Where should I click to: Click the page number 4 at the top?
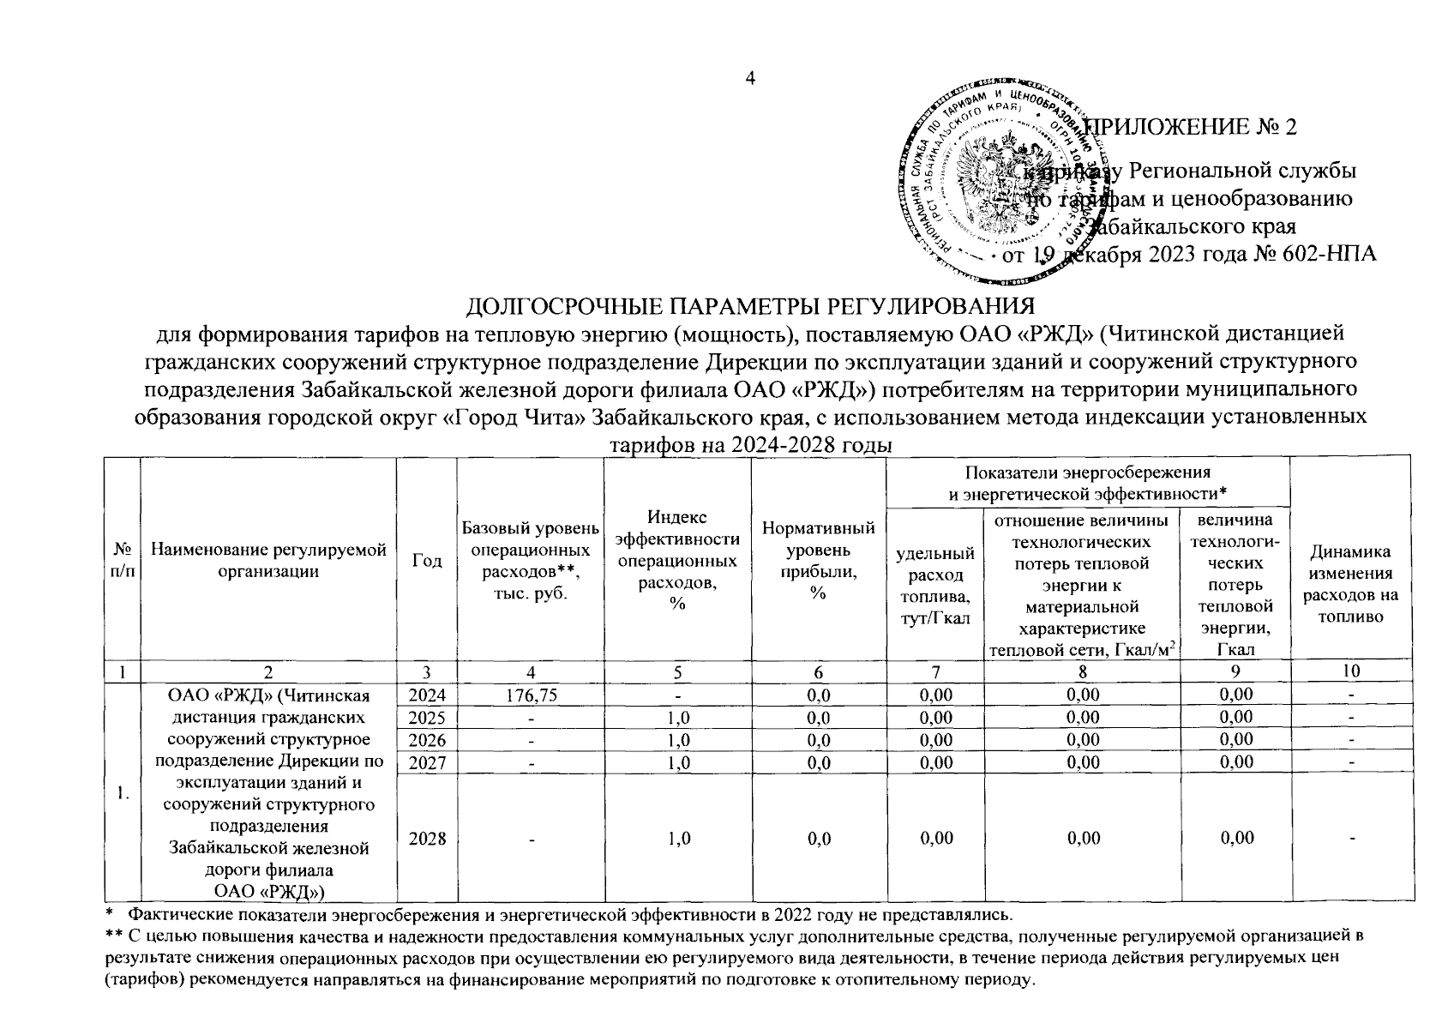(751, 79)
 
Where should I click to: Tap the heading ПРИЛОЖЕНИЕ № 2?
(1192, 127)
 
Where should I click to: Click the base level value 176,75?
(531, 695)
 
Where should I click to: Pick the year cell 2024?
(427, 695)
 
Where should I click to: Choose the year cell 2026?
(427, 740)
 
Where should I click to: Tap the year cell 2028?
(427, 839)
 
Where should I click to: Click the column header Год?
(427, 560)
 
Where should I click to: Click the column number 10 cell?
(1350, 671)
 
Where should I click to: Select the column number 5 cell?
(677, 671)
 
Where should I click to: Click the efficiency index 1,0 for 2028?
(677, 839)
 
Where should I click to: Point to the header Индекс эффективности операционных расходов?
(677, 560)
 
